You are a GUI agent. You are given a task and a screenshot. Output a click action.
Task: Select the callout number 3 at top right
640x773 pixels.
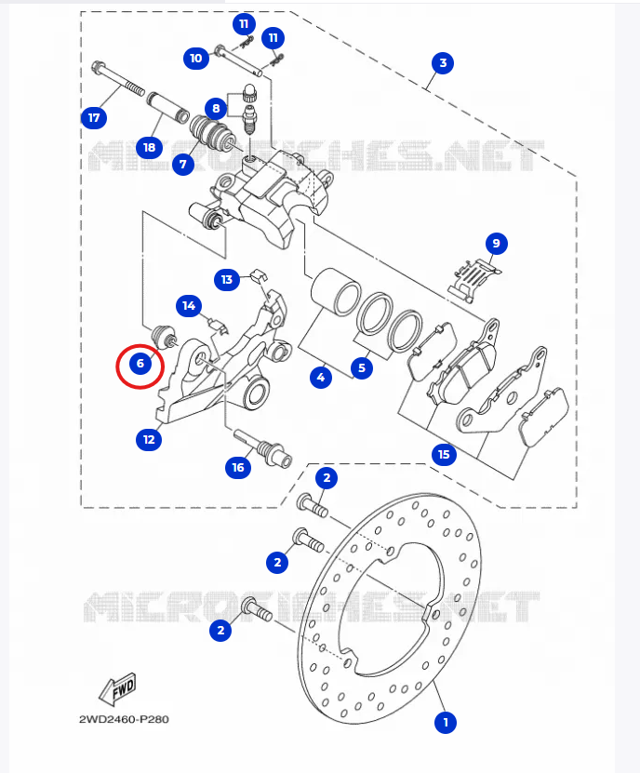pos(443,63)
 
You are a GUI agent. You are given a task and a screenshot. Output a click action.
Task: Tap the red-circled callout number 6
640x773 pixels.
pos(140,363)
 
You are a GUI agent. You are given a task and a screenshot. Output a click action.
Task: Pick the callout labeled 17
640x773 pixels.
pos(93,117)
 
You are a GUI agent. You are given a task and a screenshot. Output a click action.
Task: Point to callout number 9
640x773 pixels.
pos(496,244)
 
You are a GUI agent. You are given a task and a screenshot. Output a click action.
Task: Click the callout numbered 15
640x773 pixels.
pos(443,454)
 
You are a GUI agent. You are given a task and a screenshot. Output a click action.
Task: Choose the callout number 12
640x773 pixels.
pos(148,438)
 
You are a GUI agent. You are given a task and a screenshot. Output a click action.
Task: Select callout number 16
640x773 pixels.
pos(238,467)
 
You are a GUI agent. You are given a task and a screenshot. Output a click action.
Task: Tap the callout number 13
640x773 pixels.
pos(226,279)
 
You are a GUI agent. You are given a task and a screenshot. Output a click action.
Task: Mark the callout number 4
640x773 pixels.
pos(321,378)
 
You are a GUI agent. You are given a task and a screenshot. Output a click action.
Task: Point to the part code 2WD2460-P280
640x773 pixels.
pos(124,719)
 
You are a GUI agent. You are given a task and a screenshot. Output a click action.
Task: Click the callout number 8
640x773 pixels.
pos(215,107)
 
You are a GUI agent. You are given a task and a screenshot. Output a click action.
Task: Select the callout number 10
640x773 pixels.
pos(195,58)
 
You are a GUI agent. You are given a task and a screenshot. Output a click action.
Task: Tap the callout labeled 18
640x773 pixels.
pos(148,146)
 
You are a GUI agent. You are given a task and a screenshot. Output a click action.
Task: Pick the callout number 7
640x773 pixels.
pos(181,165)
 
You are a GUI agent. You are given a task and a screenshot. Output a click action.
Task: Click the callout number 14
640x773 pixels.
pos(189,305)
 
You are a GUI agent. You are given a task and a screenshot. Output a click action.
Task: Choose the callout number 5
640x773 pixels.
pos(362,367)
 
